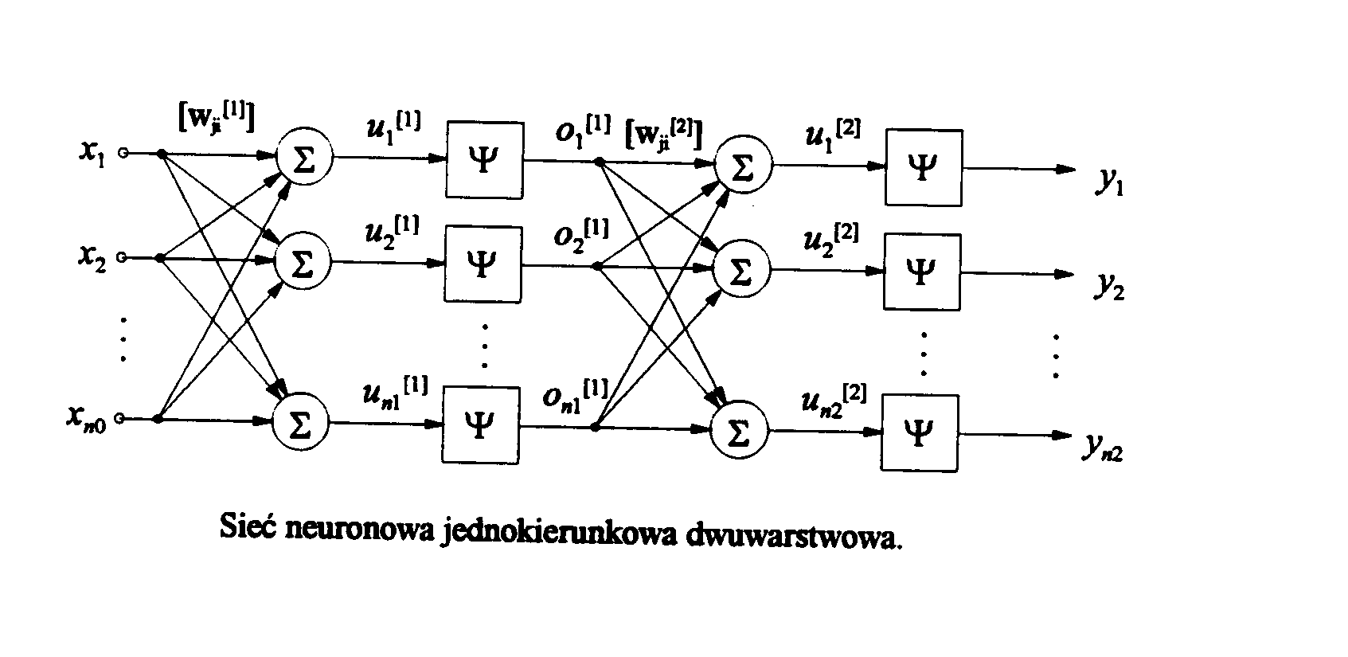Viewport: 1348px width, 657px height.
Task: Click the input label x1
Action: pyautogui.click(x=92, y=152)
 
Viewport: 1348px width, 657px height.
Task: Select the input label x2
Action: pyautogui.click(x=92, y=258)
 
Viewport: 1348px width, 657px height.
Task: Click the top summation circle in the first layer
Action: pyautogui.click(x=303, y=157)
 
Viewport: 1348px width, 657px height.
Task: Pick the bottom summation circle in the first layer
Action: pyautogui.click(x=301, y=424)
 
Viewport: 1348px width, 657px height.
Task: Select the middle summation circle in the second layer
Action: pyautogui.click(x=741, y=271)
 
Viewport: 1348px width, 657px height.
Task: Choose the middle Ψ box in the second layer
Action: pyautogui.click(x=921, y=272)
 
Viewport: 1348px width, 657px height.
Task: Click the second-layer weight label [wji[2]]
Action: pyautogui.click(x=663, y=132)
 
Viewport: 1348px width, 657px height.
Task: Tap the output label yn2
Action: pyautogui.click(x=1103, y=448)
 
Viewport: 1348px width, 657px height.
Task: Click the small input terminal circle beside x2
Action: pyautogui.click(x=122, y=257)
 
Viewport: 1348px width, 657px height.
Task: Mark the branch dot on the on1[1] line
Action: pyautogui.click(x=595, y=428)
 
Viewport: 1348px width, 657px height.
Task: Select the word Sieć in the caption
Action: pyautogui.click(x=247, y=526)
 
